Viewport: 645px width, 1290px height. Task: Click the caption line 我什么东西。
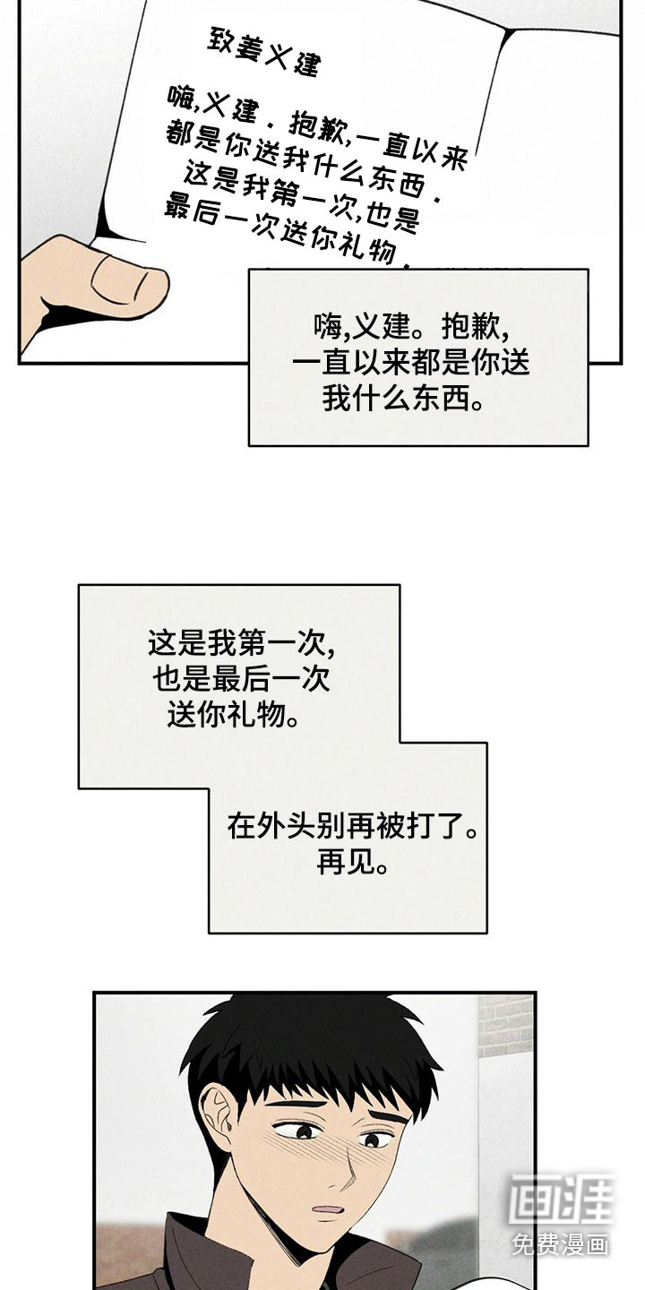click(x=402, y=398)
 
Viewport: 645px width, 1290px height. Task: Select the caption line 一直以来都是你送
click(x=411, y=361)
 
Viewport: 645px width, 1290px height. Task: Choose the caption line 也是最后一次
click(x=240, y=679)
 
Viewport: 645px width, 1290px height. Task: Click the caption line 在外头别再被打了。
click(x=352, y=826)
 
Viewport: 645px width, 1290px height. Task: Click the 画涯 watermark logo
click(x=561, y=1200)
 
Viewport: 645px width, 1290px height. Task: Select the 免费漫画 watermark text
click(x=561, y=1244)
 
